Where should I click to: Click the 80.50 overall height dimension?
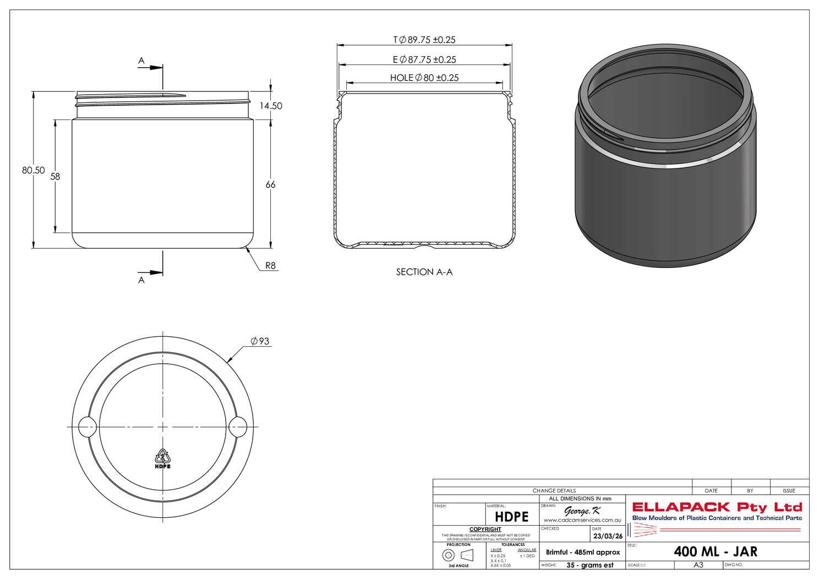(33, 171)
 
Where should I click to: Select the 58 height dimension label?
(55, 177)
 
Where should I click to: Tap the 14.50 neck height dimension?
(271, 106)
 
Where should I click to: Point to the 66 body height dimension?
(270, 185)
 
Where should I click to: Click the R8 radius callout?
(270, 266)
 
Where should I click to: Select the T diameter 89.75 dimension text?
(424, 40)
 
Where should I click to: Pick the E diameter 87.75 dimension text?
(424, 59)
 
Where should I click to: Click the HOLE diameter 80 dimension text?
(424, 78)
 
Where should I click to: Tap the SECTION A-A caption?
(424, 272)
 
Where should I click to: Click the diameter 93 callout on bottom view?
(260, 342)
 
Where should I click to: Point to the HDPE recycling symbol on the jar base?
(162, 458)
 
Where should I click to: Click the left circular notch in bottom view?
(87, 427)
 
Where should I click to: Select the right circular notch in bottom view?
(238, 427)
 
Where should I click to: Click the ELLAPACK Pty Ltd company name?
(717, 507)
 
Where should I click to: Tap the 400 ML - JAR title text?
(716, 551)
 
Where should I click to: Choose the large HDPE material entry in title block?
(511, 517)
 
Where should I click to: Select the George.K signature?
(582, 511)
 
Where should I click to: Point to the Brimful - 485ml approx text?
(582, 552)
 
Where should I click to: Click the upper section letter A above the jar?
(141, 61)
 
